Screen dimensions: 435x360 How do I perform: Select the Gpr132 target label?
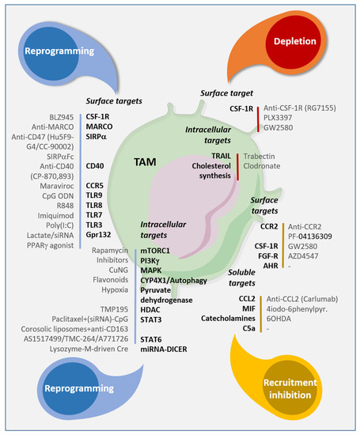(100, 235)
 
